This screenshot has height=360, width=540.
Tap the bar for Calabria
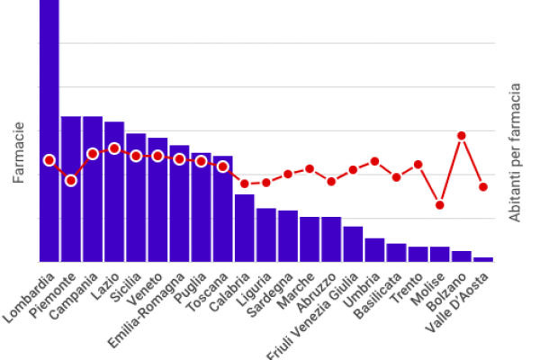[x=245, y=229]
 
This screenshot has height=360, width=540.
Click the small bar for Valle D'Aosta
[x=483, y=259]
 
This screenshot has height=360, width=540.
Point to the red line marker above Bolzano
[x=462, y=136]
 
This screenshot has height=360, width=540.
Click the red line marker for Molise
[x=440, y=205]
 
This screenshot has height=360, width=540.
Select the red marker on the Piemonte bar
[x=71, y=181]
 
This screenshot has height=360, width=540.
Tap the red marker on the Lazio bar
[x=114, y=148]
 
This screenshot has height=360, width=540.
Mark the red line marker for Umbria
[x=374, y=161]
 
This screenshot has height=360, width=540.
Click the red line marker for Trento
[x=418, y=165]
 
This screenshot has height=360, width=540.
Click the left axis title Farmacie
[x=18, y=154]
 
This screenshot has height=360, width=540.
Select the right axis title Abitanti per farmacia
[x=517, y=154]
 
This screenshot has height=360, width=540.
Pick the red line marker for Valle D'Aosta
[x=483, y=187]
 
